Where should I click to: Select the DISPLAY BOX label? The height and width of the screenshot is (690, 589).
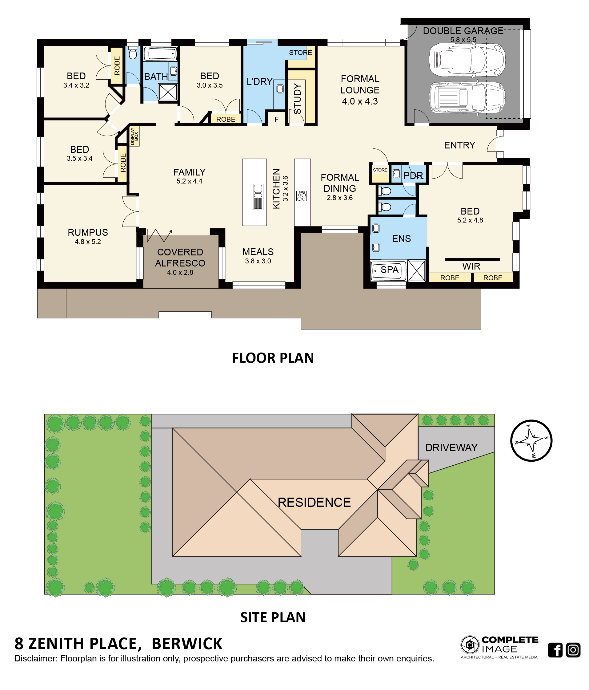tap(134, 136)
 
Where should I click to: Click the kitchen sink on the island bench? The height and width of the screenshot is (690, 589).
tap(258, 196)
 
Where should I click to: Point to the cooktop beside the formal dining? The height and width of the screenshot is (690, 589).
tap(301, 196)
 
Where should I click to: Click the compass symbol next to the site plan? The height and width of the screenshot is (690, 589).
tap(531, 440)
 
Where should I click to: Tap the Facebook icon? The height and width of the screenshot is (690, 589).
tap(555, 650)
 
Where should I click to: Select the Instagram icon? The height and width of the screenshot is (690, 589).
tap(573, 650)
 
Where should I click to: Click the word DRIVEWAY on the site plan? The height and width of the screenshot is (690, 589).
tap(451, 448)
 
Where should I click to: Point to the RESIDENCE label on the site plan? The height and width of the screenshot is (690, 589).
tap(314, 502)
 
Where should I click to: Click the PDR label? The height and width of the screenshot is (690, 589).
tap(413, 175)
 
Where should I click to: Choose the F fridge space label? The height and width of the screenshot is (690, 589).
tap(276, 119)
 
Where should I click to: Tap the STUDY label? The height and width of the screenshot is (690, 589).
tap(297, 99)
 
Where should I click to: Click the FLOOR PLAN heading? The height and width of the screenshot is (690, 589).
tap(273, 358)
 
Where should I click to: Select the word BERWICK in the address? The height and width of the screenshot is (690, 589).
tap(187, 643)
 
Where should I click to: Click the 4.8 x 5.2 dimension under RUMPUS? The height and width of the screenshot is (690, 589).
tap(88, 242)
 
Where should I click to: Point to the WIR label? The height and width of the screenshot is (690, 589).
tap(471, 266)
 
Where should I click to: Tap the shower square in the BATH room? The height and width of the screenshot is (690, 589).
tap(168, 92)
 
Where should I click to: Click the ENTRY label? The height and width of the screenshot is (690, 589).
tap(459, 145)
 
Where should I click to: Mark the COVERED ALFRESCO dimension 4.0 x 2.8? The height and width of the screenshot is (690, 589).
tap(180, 272)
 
